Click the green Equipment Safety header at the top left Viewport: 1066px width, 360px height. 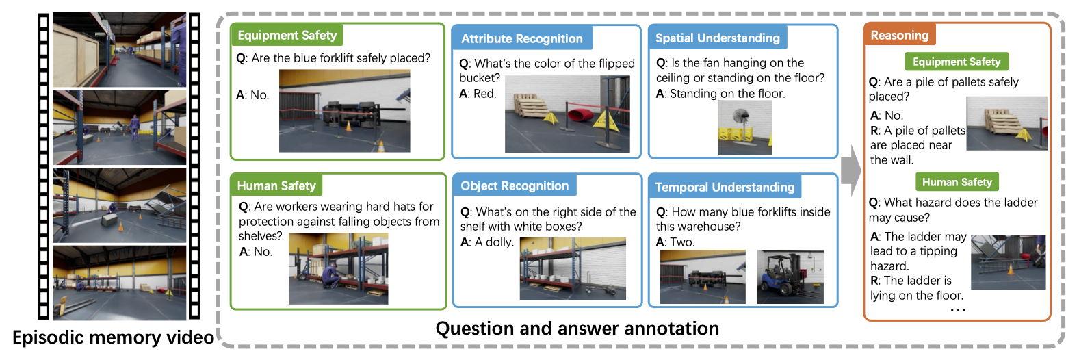pyautogui.click(x=287, y=35)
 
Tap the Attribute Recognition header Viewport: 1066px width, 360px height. pyautogui.click(x=522, y=38)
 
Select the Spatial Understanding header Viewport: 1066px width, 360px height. pyautogui.click(x=718, y=38)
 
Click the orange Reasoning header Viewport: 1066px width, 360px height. pyautogui.click(x=900, y=35)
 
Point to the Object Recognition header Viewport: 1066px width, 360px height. pyautogui.click(x=515, y=185)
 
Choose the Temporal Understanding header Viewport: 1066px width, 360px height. pyautogui.click(x=725, y=187)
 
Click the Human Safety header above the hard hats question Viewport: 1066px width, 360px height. pyautogui.click(x=276, y=185)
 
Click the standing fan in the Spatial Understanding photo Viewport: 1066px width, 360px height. pyautogui.click(x=740, y=124)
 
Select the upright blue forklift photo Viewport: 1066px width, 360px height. pyautogui.click(x=790, y=277)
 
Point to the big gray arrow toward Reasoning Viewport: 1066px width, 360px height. pyautogui.click(x=851, y=170)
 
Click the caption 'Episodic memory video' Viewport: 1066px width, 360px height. pyautogui.click(x=114, y=337)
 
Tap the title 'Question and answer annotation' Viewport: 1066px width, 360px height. pyautogui.click(x=577, y=329)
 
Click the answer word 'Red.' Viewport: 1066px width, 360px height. pyautogui.click(x=485, y=94)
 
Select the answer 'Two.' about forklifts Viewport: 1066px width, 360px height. pyautogui.click(x=682, y=242)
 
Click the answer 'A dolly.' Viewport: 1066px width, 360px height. pyautogui.click(x=494, y=242)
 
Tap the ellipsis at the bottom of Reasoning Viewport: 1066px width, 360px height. pyautogui.click(x=957, y=311)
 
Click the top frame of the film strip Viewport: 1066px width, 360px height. pyautogui.click(x=120, y=50)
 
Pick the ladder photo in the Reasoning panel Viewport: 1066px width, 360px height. pyautogui.click(x=1009, y=262)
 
